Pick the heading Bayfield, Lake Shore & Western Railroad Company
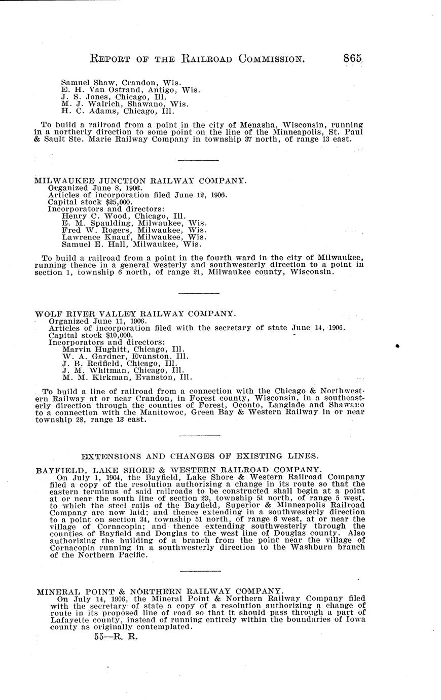tap(178, 470)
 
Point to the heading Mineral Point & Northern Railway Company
tap(159, 591)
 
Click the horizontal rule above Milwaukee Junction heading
tap(199, 161)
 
